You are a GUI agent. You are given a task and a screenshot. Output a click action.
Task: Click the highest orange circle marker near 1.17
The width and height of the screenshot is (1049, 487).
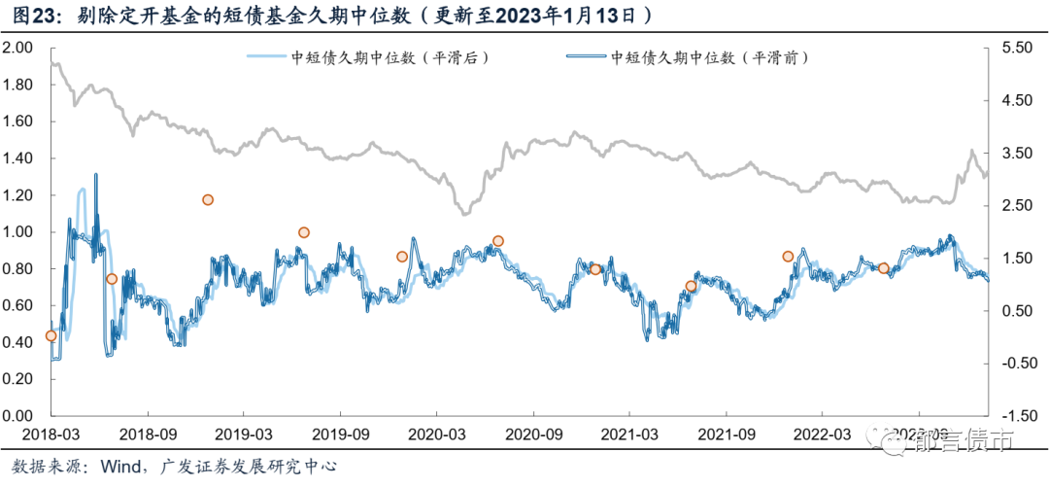pos(208,200)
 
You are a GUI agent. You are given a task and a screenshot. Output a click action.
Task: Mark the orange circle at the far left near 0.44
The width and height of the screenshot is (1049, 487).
pos(51,336)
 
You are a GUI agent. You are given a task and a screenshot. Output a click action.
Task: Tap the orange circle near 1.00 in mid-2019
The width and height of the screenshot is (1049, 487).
pos(304,232)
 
